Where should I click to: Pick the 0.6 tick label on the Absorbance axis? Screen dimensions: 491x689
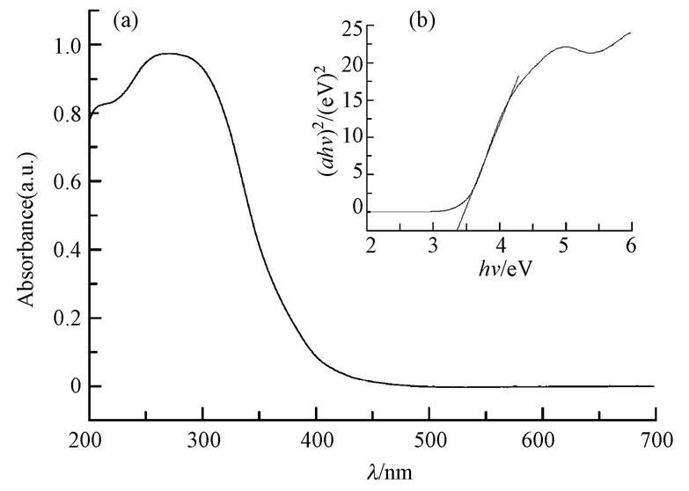(65, 181)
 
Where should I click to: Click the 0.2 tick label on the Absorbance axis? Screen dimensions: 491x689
(65, 318)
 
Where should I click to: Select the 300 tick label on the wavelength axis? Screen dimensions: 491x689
(202, 436)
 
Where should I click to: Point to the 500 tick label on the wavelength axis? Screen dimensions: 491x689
(429, 436)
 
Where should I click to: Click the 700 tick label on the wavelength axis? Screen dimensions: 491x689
(655, 436)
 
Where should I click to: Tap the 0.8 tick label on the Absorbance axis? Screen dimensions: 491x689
(65, 114)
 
